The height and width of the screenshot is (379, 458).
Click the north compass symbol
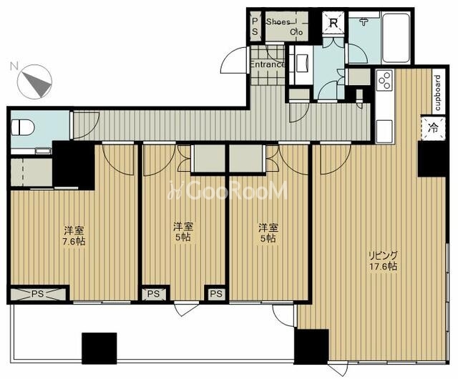(x=34, y=82)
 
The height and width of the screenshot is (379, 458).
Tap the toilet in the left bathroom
(x=23, y=127)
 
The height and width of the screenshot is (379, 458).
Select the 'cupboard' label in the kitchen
(x=438, y=93)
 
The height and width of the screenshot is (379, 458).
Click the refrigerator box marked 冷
(x=433, y=127)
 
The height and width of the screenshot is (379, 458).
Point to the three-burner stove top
(x=384, y=79)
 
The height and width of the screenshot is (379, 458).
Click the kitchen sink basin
(x=384, y=131)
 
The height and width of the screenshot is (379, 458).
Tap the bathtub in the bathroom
(x=396, y=37)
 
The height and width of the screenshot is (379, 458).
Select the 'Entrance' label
(x=268, y=64)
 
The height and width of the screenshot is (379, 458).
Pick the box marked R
(x=333, y=23)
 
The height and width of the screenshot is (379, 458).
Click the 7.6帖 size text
(x=74, y=242)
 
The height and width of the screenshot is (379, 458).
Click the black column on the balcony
(x=99, y=348)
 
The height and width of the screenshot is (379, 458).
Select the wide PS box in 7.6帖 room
(x=38, y=294)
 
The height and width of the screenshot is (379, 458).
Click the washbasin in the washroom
(x=302, y=63)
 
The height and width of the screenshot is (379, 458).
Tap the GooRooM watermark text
(x=228, y=190)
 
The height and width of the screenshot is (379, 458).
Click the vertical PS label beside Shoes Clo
(x=255, y=26)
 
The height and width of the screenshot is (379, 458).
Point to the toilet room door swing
(x=87, y=125)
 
